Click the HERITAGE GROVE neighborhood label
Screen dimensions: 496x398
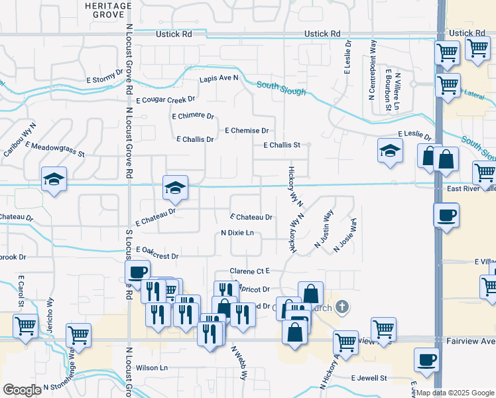tap(108, 9)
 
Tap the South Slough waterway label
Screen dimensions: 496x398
tap(281, 88)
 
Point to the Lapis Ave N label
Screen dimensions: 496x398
tap(219, 78)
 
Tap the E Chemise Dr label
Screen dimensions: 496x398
tap(247, 131)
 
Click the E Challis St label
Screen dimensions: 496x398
tap(282, 145)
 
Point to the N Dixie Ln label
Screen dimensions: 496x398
tap(237, 233)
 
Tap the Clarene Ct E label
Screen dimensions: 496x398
tap(249, 271)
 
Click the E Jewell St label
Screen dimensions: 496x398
tap(369, 377)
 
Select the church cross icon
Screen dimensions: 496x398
tap(341, 306)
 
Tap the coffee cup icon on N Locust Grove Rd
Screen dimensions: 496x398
tap(138, 271)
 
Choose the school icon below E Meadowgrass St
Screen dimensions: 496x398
tap(54, 179)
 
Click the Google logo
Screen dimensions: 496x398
tap(22, 390)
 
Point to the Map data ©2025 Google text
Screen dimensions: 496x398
tap(455, 393)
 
